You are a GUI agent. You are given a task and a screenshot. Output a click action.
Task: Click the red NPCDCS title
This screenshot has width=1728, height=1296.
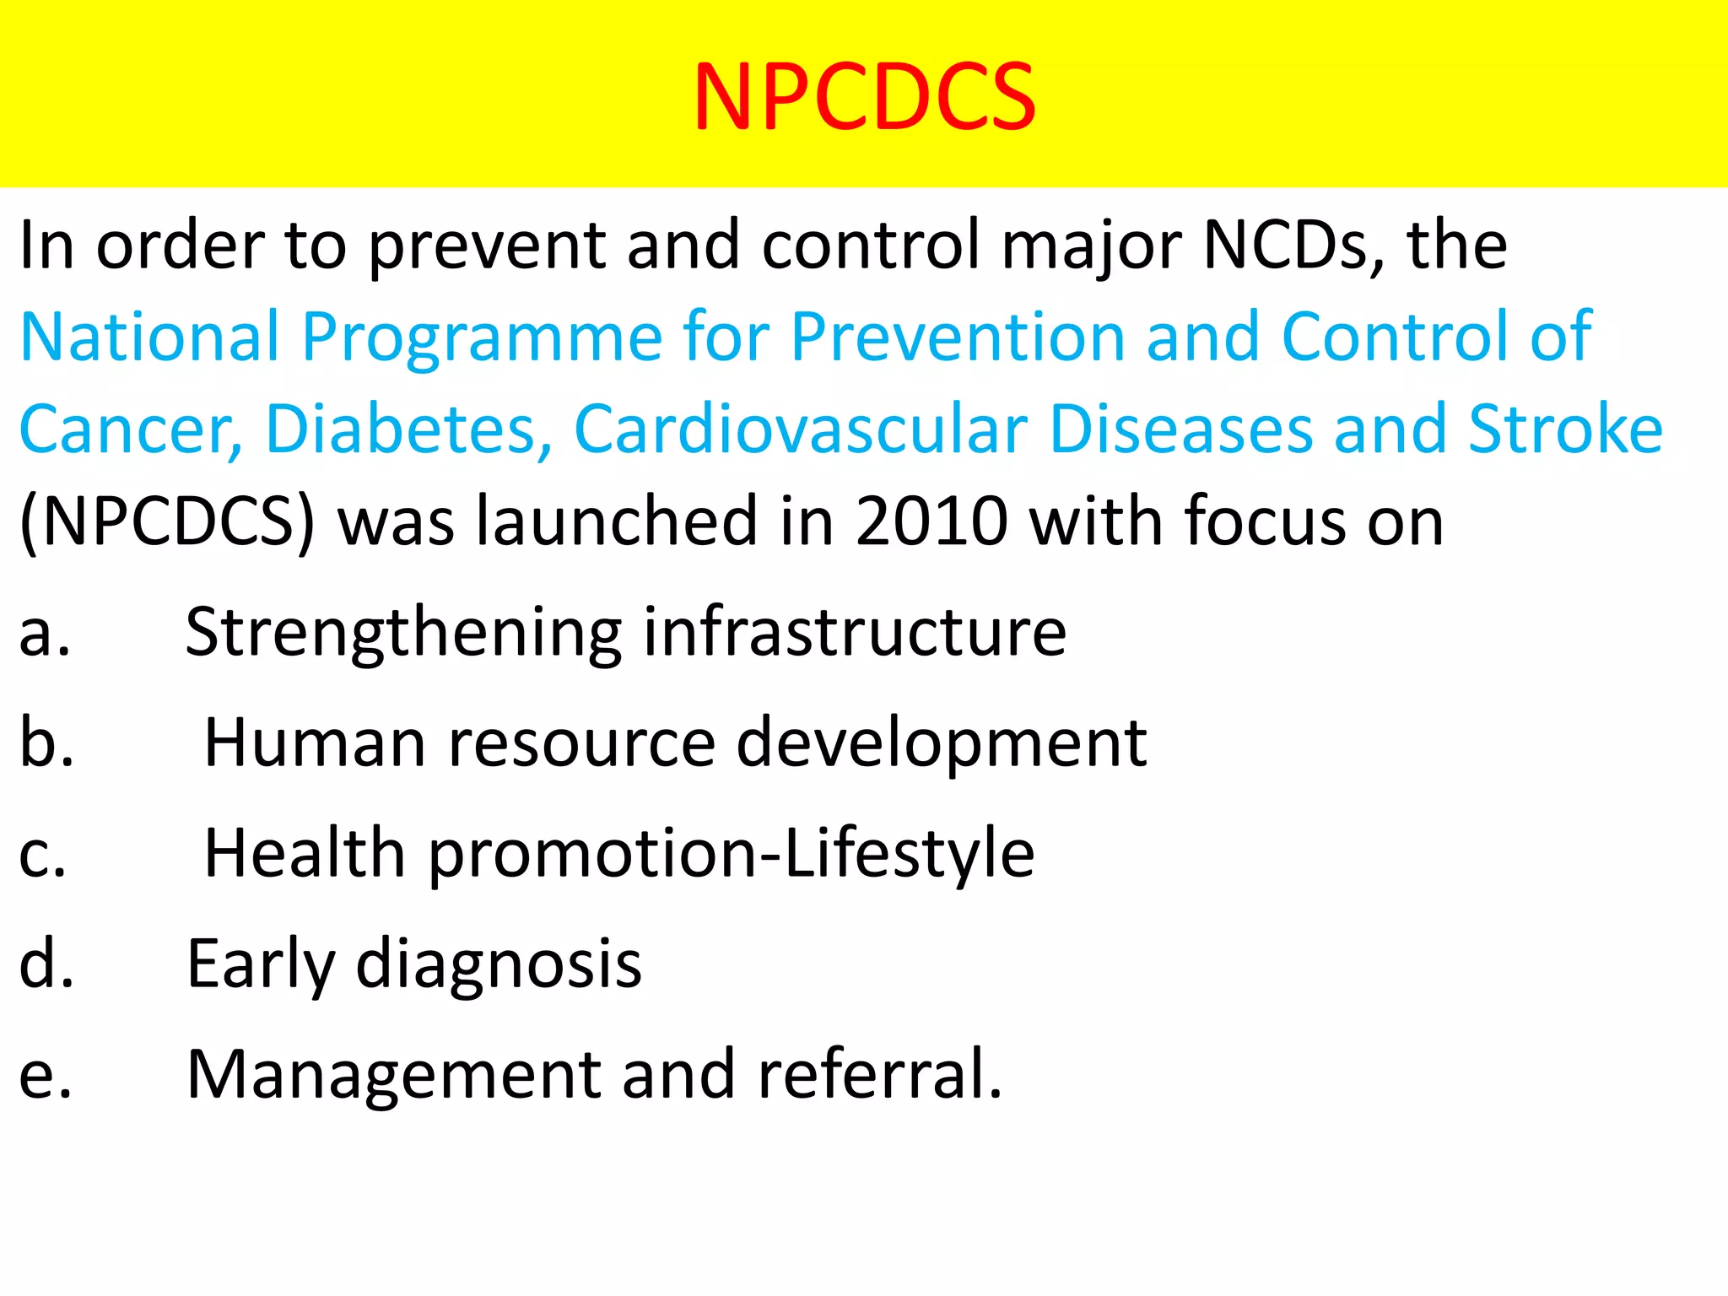[x=864, y=97]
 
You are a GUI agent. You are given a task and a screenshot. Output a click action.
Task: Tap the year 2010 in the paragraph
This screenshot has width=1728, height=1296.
[x=931, y=521]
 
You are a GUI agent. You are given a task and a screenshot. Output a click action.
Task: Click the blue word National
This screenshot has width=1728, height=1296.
[x=148, y=337]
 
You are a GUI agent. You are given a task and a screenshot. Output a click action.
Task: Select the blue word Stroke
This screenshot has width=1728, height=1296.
[x=1565, y=429]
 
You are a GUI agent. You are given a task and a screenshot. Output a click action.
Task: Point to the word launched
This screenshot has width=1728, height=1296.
[x=616, y=521]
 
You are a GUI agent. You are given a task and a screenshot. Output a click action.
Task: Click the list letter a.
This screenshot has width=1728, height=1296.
[x=44, y=633]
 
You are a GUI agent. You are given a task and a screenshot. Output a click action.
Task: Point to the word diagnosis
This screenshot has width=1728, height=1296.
[x=499, y=964]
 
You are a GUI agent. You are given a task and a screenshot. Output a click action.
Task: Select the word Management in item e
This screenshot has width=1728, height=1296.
[x=393, y=1075]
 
